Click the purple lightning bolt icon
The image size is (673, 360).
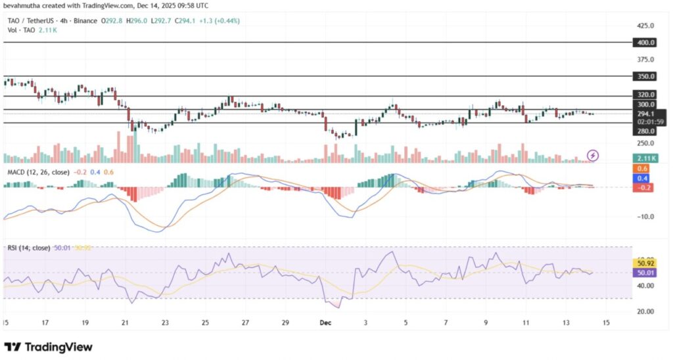[x=593, y=155]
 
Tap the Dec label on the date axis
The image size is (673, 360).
[x=326, y=323]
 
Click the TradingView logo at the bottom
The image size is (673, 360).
[x=49, y=346]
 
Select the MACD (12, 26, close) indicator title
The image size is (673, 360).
[x=37, y=172]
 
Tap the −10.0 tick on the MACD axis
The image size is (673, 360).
[x=645, y=216]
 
